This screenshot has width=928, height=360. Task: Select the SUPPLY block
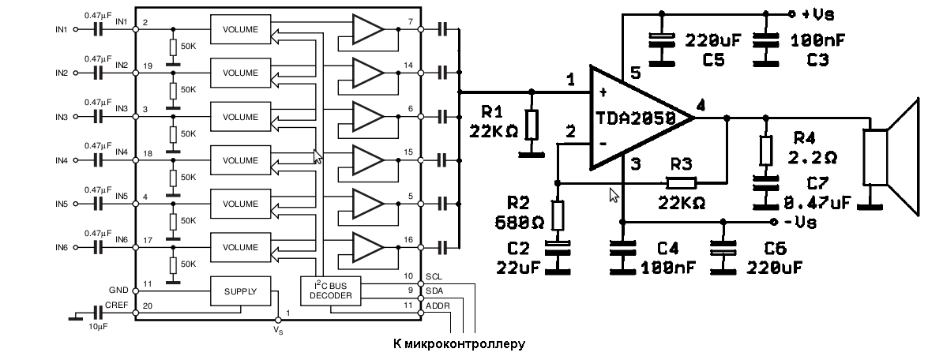[x=240, y=291]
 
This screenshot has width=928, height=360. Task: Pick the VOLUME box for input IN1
[x=240, y=30]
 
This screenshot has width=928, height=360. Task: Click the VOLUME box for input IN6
[x=240, y=248]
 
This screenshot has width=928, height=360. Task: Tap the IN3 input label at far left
[x=62, y=117]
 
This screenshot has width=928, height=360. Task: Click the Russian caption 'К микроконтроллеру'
[x=458, y=344]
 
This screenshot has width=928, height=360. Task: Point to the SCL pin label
[x=434, y=277]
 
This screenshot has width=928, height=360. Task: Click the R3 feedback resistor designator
[x=681, y=165]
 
